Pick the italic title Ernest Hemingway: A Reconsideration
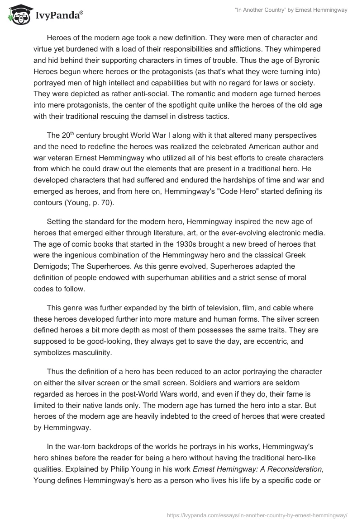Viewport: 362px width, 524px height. pyautogui.click(x=257, y=467)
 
